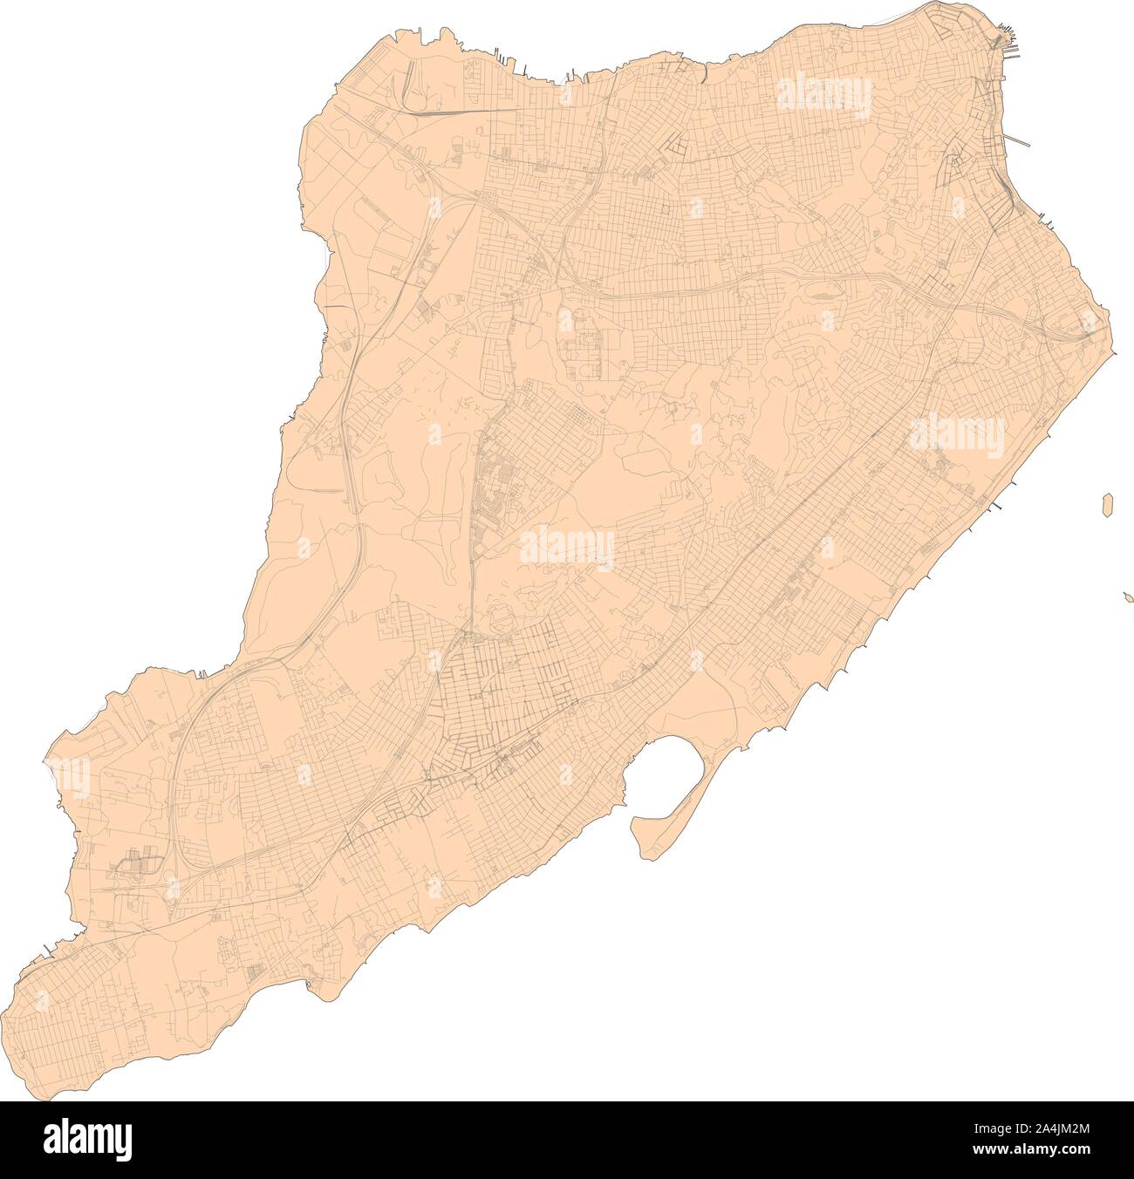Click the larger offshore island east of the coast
point(1108,504)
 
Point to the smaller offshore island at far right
point(1128,597)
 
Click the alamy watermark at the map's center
point(567,549)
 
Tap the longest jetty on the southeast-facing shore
point(996,506)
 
